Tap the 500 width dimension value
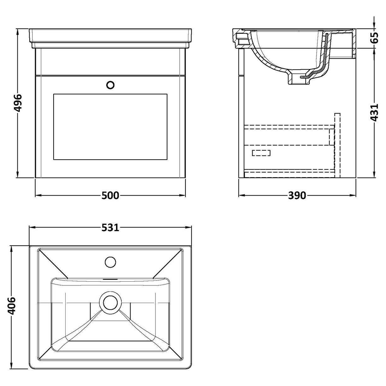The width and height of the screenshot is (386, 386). (x=110, y=196)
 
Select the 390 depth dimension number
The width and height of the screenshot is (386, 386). (x=297, y=196)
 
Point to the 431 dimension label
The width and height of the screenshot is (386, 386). (x=374, y=112)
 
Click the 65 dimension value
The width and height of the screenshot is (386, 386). (x=374, y=38)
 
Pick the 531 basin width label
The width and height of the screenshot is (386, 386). (x=110, y=227)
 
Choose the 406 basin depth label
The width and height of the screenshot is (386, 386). (x=12, y=306)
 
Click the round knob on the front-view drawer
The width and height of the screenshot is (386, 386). (x=110, y=85)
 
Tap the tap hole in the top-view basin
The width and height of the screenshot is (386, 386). (x=110, y=261)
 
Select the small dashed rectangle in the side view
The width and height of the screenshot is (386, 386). (x=261, y=153)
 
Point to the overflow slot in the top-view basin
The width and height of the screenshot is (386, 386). (x=110, y=279)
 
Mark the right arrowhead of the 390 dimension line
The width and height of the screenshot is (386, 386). (x=354, y=196)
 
